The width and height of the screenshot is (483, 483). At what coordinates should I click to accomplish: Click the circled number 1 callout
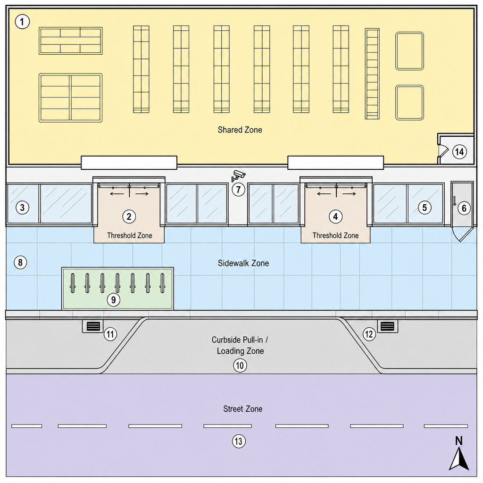coord(22,22)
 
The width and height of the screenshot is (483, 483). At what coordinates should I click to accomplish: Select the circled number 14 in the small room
coord(459,151)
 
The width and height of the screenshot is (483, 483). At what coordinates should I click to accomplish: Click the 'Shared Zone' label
coord(240,130)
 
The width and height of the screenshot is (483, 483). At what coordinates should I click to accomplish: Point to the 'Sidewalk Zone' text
coord(243,263)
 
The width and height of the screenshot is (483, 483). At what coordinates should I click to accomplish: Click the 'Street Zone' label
coord(243,409)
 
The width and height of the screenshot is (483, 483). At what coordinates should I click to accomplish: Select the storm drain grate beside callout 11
coord(93,326)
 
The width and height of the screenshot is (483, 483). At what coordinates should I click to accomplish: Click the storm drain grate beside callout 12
coord(388,326)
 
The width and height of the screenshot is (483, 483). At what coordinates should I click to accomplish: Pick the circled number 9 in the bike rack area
coord(113,300)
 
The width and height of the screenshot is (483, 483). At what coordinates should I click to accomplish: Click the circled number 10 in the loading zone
coord(240,366)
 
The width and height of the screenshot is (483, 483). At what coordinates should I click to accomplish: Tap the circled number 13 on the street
coord(239,441)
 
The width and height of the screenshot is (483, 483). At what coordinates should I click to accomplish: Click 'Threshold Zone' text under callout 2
coord(129,236)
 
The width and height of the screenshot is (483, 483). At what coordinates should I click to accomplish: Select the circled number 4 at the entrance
coord(335,217)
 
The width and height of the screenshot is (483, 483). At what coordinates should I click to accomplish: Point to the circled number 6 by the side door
coord(464,208)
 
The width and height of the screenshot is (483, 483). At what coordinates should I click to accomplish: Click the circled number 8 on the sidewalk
coord(20,262)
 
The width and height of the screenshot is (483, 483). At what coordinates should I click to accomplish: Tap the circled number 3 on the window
coord(22,208)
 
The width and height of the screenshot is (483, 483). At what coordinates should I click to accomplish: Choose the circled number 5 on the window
coord(425,208)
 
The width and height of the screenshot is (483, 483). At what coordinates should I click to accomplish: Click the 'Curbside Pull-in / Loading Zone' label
coord(240,345)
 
